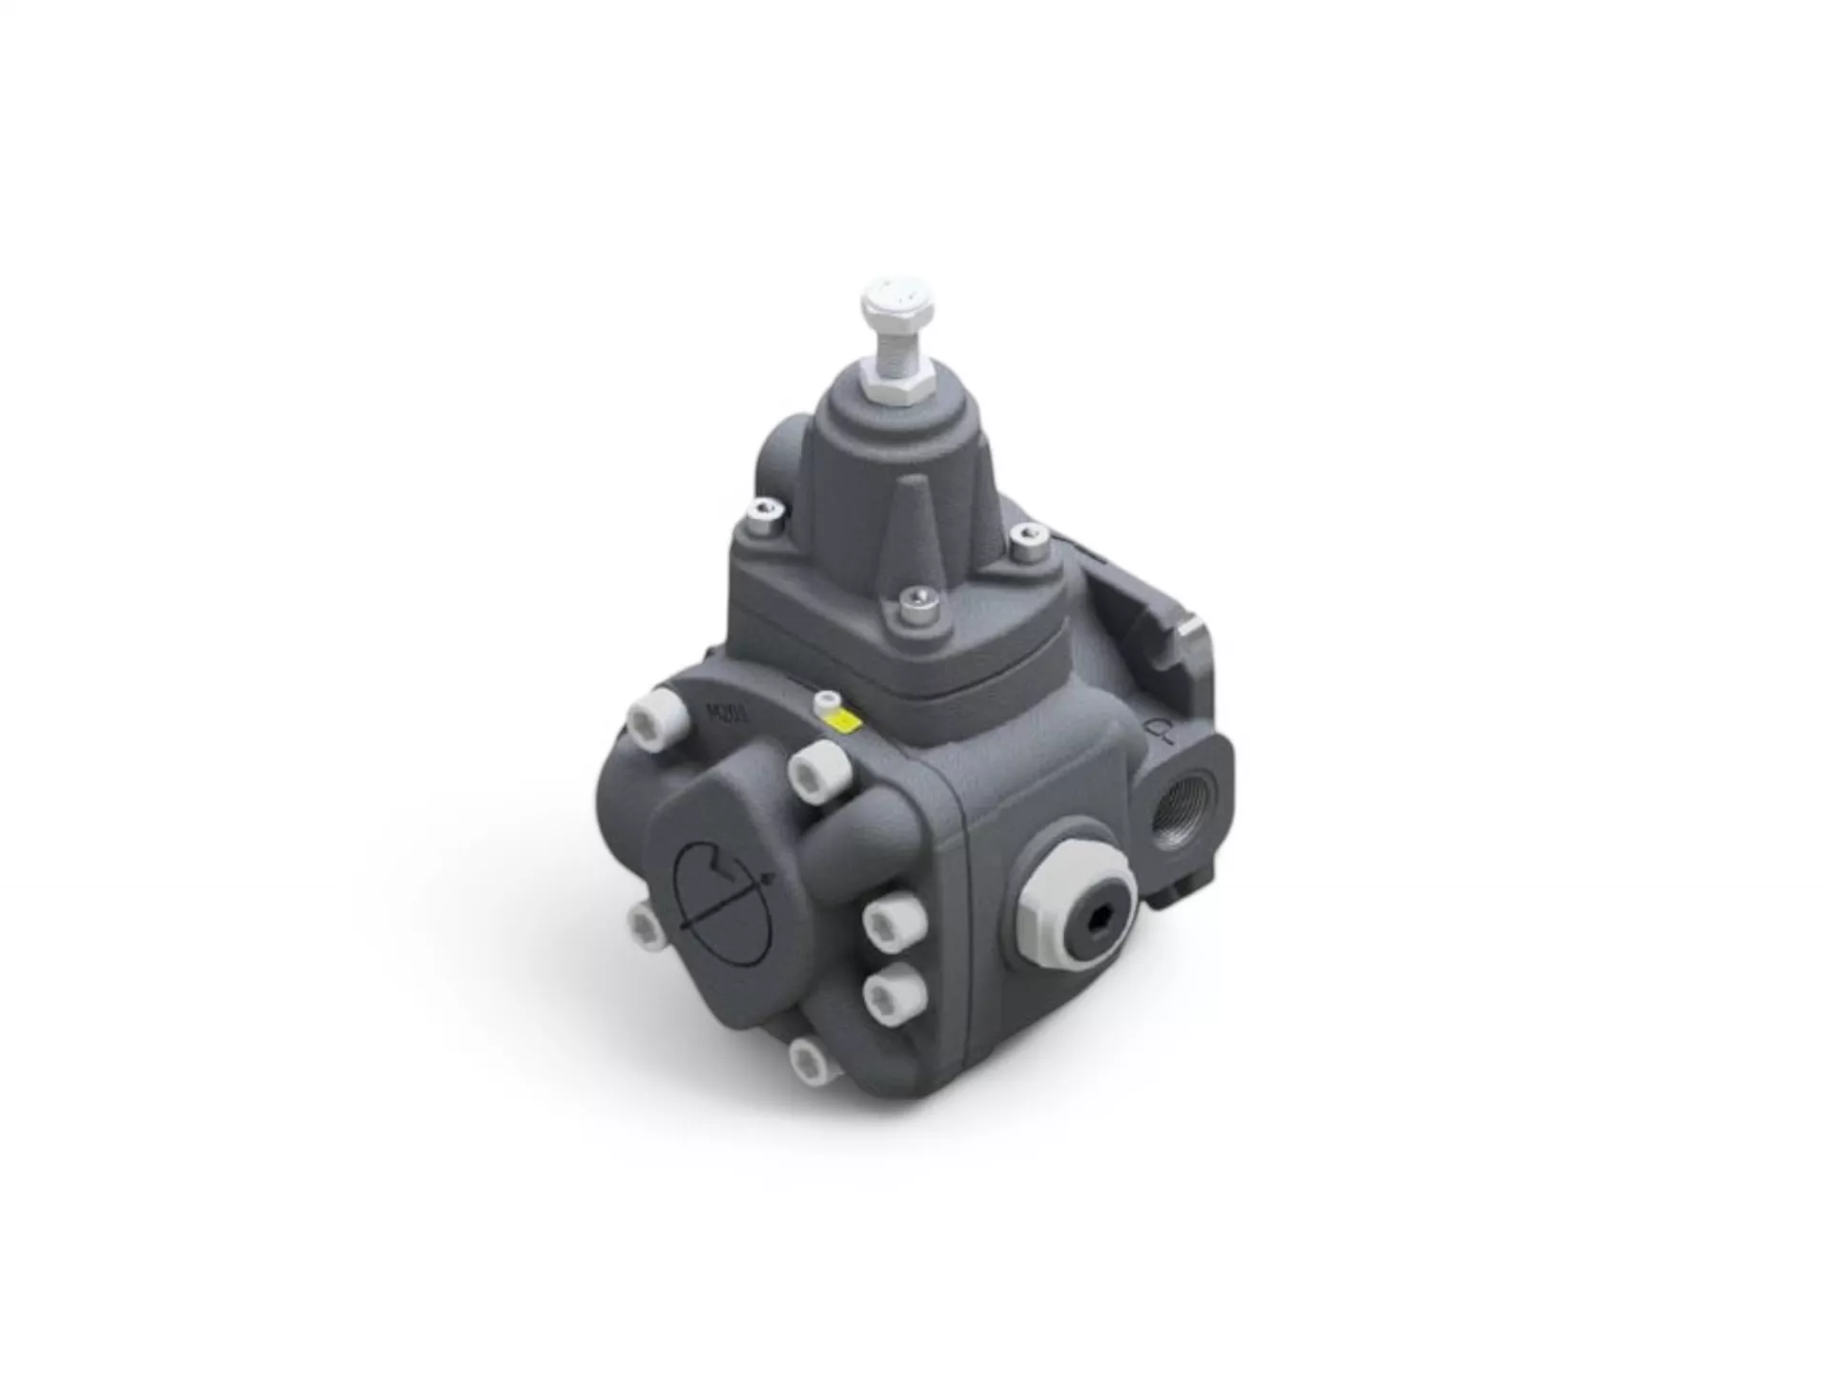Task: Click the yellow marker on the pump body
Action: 844,722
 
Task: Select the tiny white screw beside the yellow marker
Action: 826,703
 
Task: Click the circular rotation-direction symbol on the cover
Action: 723,883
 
